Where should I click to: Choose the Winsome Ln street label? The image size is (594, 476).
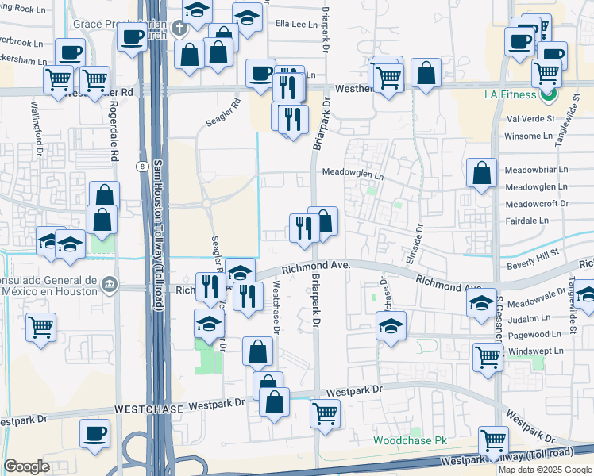click(528, 136)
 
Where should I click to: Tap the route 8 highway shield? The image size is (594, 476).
click(141, 165)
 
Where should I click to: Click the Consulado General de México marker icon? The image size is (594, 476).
click(109, 282)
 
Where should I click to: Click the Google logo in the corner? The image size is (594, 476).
click(26, 466)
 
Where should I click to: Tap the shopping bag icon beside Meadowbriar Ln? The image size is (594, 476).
click(482, 173)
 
